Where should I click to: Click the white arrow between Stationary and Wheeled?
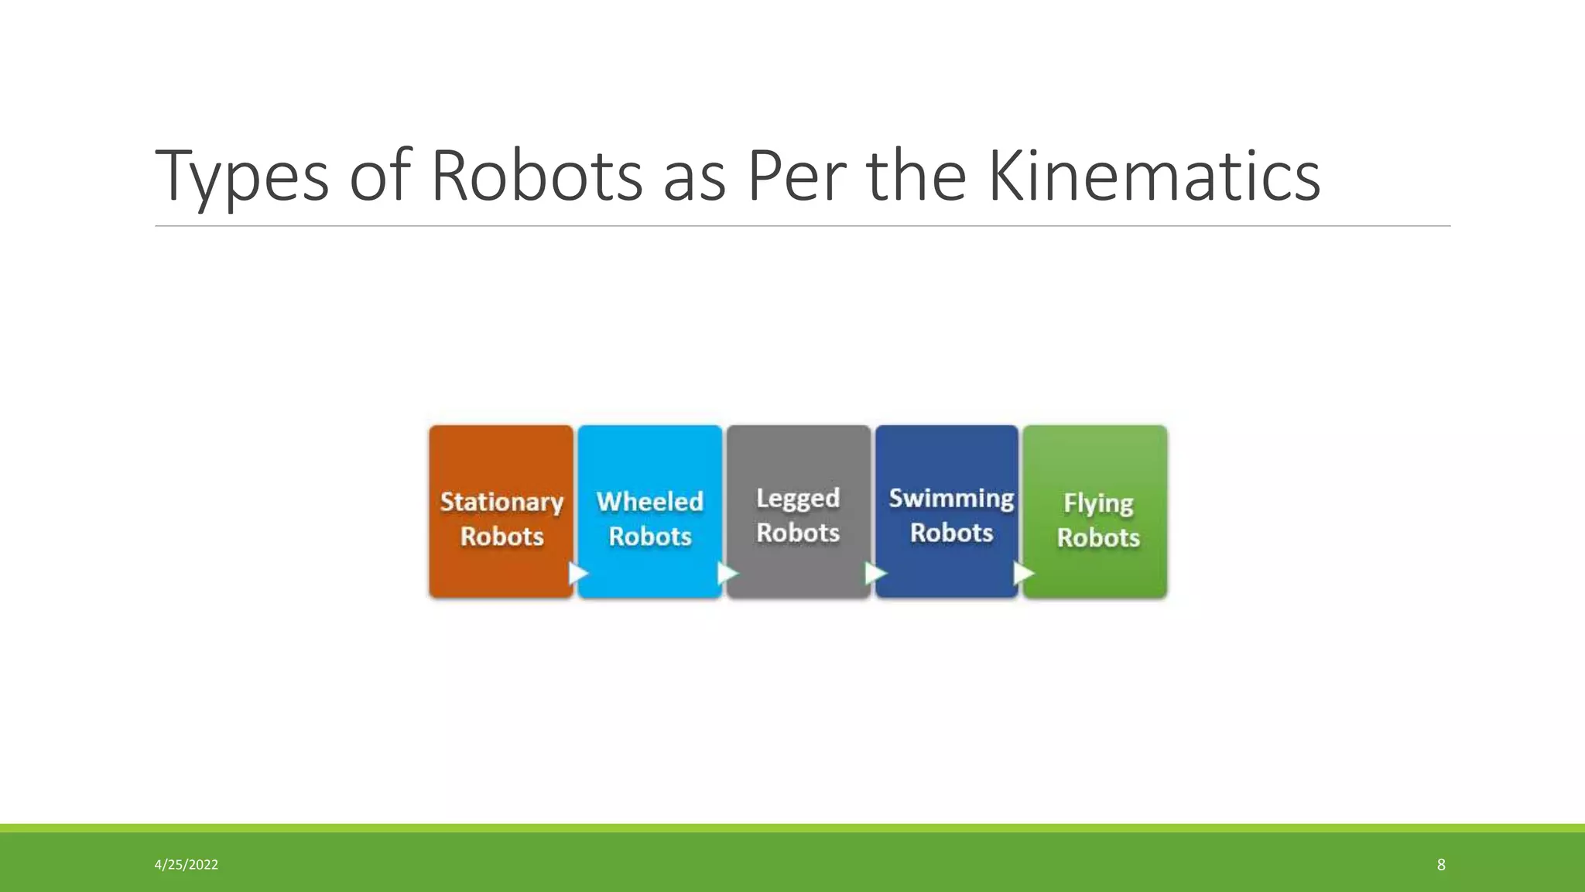pos(578,574)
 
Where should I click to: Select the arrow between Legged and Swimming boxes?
pos(875,574)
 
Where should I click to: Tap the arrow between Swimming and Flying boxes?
pos(1024,574)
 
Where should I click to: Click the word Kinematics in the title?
pos(1154,177)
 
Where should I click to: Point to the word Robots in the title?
pos(536,177)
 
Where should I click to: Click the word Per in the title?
pos(796,177)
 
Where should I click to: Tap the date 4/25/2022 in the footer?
pos(187,865)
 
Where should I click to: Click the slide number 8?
pos(1440,865)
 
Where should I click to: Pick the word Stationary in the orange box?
pos(502,502)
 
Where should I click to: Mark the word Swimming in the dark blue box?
pos(951,498)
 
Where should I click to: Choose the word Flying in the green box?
pos(1098,503)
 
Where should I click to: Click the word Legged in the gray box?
pos(798,498)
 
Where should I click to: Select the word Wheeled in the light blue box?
pos(650,502)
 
